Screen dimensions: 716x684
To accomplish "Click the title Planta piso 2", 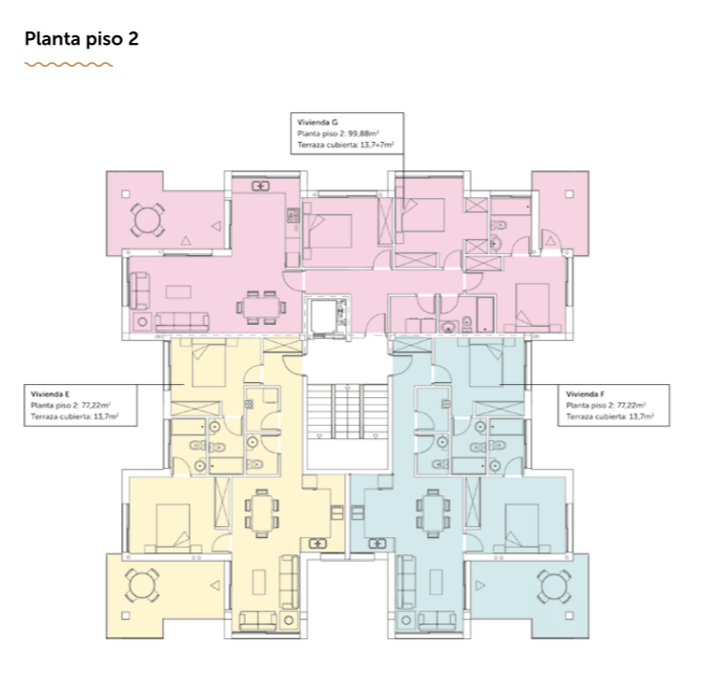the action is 81,39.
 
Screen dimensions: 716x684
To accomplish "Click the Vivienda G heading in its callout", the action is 317,122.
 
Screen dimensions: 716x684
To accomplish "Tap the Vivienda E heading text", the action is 51,393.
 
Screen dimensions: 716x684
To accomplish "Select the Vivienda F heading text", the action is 585,393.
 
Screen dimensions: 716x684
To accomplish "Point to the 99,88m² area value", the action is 363,133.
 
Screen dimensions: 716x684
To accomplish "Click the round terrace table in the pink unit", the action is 148,220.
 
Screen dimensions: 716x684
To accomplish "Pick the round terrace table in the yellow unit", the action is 142,585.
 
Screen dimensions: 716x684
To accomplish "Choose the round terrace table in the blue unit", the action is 553,586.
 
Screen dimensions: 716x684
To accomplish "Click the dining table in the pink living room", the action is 261,307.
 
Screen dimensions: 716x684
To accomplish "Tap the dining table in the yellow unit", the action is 262,513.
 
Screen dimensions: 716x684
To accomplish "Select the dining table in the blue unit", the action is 433,513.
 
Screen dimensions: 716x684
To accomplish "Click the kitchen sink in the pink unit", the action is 260,186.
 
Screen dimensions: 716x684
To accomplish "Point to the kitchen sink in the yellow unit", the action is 317,543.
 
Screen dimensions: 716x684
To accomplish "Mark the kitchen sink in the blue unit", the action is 378,543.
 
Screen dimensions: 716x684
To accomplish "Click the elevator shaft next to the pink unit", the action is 326,316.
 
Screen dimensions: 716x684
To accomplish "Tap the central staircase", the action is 348,412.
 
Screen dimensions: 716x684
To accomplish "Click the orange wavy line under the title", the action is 69,65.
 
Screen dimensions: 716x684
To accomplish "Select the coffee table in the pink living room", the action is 178,292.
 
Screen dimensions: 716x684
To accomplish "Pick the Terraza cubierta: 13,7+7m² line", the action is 346,145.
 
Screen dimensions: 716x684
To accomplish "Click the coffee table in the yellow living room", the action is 259,581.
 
